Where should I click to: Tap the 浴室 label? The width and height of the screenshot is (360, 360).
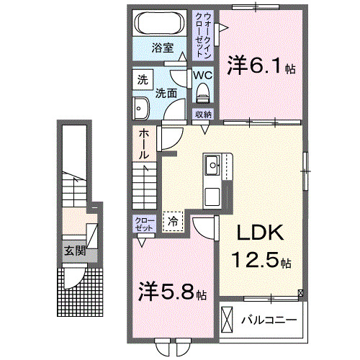point(162,49)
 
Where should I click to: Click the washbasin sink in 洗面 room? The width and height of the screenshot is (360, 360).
point(141,108)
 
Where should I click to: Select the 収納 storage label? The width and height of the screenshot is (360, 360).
point(202,114)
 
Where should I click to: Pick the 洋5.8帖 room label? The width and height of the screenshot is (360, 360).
point(173,294)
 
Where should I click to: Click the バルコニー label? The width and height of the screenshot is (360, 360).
point(269,319)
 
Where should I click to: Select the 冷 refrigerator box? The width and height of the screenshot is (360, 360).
point(174,222)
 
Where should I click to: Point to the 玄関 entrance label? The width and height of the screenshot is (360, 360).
point(73,251)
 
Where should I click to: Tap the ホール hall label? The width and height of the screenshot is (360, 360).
point(143,143)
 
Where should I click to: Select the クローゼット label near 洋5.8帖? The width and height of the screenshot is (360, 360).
point(141,224)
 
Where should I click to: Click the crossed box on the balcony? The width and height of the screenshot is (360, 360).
point(228,318)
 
